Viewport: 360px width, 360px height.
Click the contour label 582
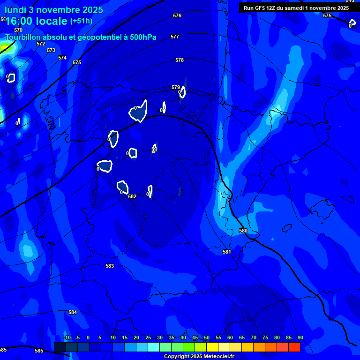(132, 196)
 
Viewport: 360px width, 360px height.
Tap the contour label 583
(110, 266)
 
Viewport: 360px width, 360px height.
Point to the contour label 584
(73, 312)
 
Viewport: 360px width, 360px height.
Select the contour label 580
(243, 231)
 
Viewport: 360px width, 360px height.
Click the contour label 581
(227, 252)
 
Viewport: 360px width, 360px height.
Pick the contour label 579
(176, 87)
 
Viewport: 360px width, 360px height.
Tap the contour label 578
(180, 60)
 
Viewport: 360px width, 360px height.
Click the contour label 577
(175, 37)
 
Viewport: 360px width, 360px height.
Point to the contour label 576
(177, 15)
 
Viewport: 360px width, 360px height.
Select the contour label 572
(41, 44)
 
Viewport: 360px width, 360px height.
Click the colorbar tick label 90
(300, 337)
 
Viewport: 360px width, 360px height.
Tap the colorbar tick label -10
(67, 337)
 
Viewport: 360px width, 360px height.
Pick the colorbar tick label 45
(195, 337)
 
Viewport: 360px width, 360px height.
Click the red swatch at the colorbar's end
(294, 347)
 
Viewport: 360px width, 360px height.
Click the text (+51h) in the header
(81, 21)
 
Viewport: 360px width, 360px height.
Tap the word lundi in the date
(15, 10)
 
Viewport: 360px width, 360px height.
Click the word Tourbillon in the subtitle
(24, 37)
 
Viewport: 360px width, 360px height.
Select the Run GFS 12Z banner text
(296, 7)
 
